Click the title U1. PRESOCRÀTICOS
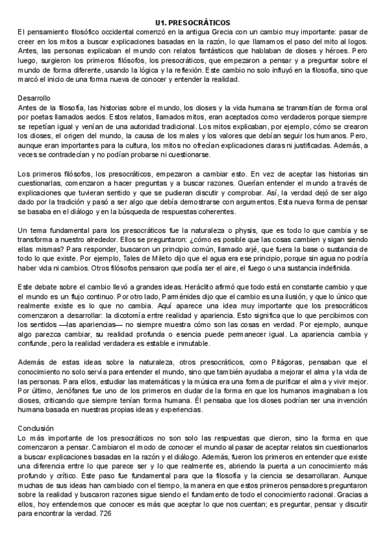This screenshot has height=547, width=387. [193, 22]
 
